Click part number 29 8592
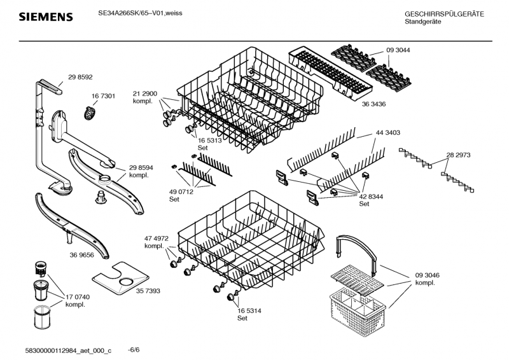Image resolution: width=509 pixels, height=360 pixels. tap(80, 77)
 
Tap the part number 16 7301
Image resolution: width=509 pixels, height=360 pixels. tap(103, 96)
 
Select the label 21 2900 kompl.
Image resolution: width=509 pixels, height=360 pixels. tap(145, 97)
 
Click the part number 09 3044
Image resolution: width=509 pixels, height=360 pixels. tap(398, 50)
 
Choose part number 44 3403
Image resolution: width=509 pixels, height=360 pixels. tap(387, 132)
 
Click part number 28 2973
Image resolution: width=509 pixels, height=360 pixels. tap(458, 155)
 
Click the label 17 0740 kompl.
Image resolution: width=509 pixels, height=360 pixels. tap(78, 300)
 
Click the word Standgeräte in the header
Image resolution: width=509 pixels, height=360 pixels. tap(422, 22)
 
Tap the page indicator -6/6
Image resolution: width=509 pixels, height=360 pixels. tap(134, 349)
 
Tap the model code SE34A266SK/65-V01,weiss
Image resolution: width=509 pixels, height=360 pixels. tap(140, 13)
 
